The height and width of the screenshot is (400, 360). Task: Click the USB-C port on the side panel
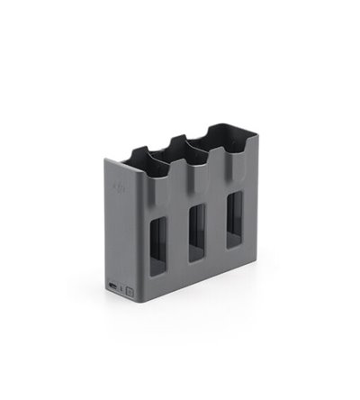111,287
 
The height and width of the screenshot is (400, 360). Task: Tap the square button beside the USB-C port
130,291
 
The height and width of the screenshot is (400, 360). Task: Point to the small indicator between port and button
120,289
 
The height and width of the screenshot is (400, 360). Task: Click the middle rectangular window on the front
196,232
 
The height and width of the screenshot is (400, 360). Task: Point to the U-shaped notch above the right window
235,158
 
